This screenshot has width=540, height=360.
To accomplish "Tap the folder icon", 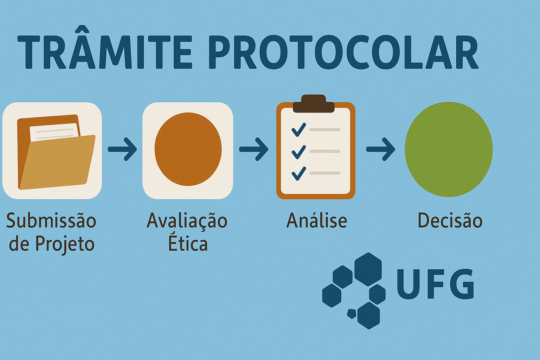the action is pos(56,152).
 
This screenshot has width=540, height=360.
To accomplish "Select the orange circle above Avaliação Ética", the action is pos(188,149).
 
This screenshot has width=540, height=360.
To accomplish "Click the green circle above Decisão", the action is pos(449,149).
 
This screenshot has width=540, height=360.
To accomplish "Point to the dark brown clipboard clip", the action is pos(314,103).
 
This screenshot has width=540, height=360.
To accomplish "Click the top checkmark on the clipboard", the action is pos(299,130).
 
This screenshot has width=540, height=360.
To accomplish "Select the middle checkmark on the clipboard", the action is pos(299,152).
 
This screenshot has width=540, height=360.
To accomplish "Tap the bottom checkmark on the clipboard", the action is pos(299,174).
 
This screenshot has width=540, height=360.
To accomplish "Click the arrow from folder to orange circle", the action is pos(122,149).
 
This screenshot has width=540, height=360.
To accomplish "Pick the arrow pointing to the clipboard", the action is pos(253,149).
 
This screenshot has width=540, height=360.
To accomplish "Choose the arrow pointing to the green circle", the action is pos(381,149).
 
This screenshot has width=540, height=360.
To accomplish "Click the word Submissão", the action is pos(51,220).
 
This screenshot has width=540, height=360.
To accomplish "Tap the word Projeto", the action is pos(65,244).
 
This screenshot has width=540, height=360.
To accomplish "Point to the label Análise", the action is pos(317,220).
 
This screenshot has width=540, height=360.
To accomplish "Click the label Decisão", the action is pos(450,220).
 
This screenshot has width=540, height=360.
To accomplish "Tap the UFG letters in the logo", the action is pos(435,284).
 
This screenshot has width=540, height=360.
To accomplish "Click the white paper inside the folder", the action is pos(55,132).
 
